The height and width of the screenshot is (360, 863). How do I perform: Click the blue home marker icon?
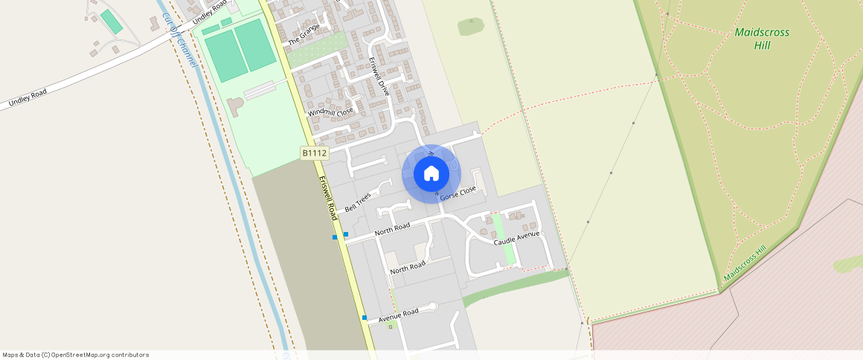tap(431, 174)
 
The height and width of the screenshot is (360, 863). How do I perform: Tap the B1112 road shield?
tap(314, 152)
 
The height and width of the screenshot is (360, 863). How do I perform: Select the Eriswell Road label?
tap(328, 198)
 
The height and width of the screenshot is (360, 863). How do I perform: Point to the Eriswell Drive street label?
tap(379, 77)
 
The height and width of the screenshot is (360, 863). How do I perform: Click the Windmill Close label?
tap(330, 112)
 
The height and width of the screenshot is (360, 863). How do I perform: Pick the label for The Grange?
tap(304, 33)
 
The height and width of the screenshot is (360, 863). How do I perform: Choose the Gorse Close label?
tap(458, 193)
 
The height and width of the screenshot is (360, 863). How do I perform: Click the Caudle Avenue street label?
tap(516, 239)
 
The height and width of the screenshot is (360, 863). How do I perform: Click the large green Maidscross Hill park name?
tap(762, 39)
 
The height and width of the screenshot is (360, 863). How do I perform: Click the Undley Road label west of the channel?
tap(28, 97)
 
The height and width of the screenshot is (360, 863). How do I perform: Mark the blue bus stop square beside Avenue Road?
tap(365, 318)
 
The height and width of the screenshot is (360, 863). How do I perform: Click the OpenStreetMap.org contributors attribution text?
tap(99, 355)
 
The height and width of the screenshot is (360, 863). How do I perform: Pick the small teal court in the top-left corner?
tap(112, 21)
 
